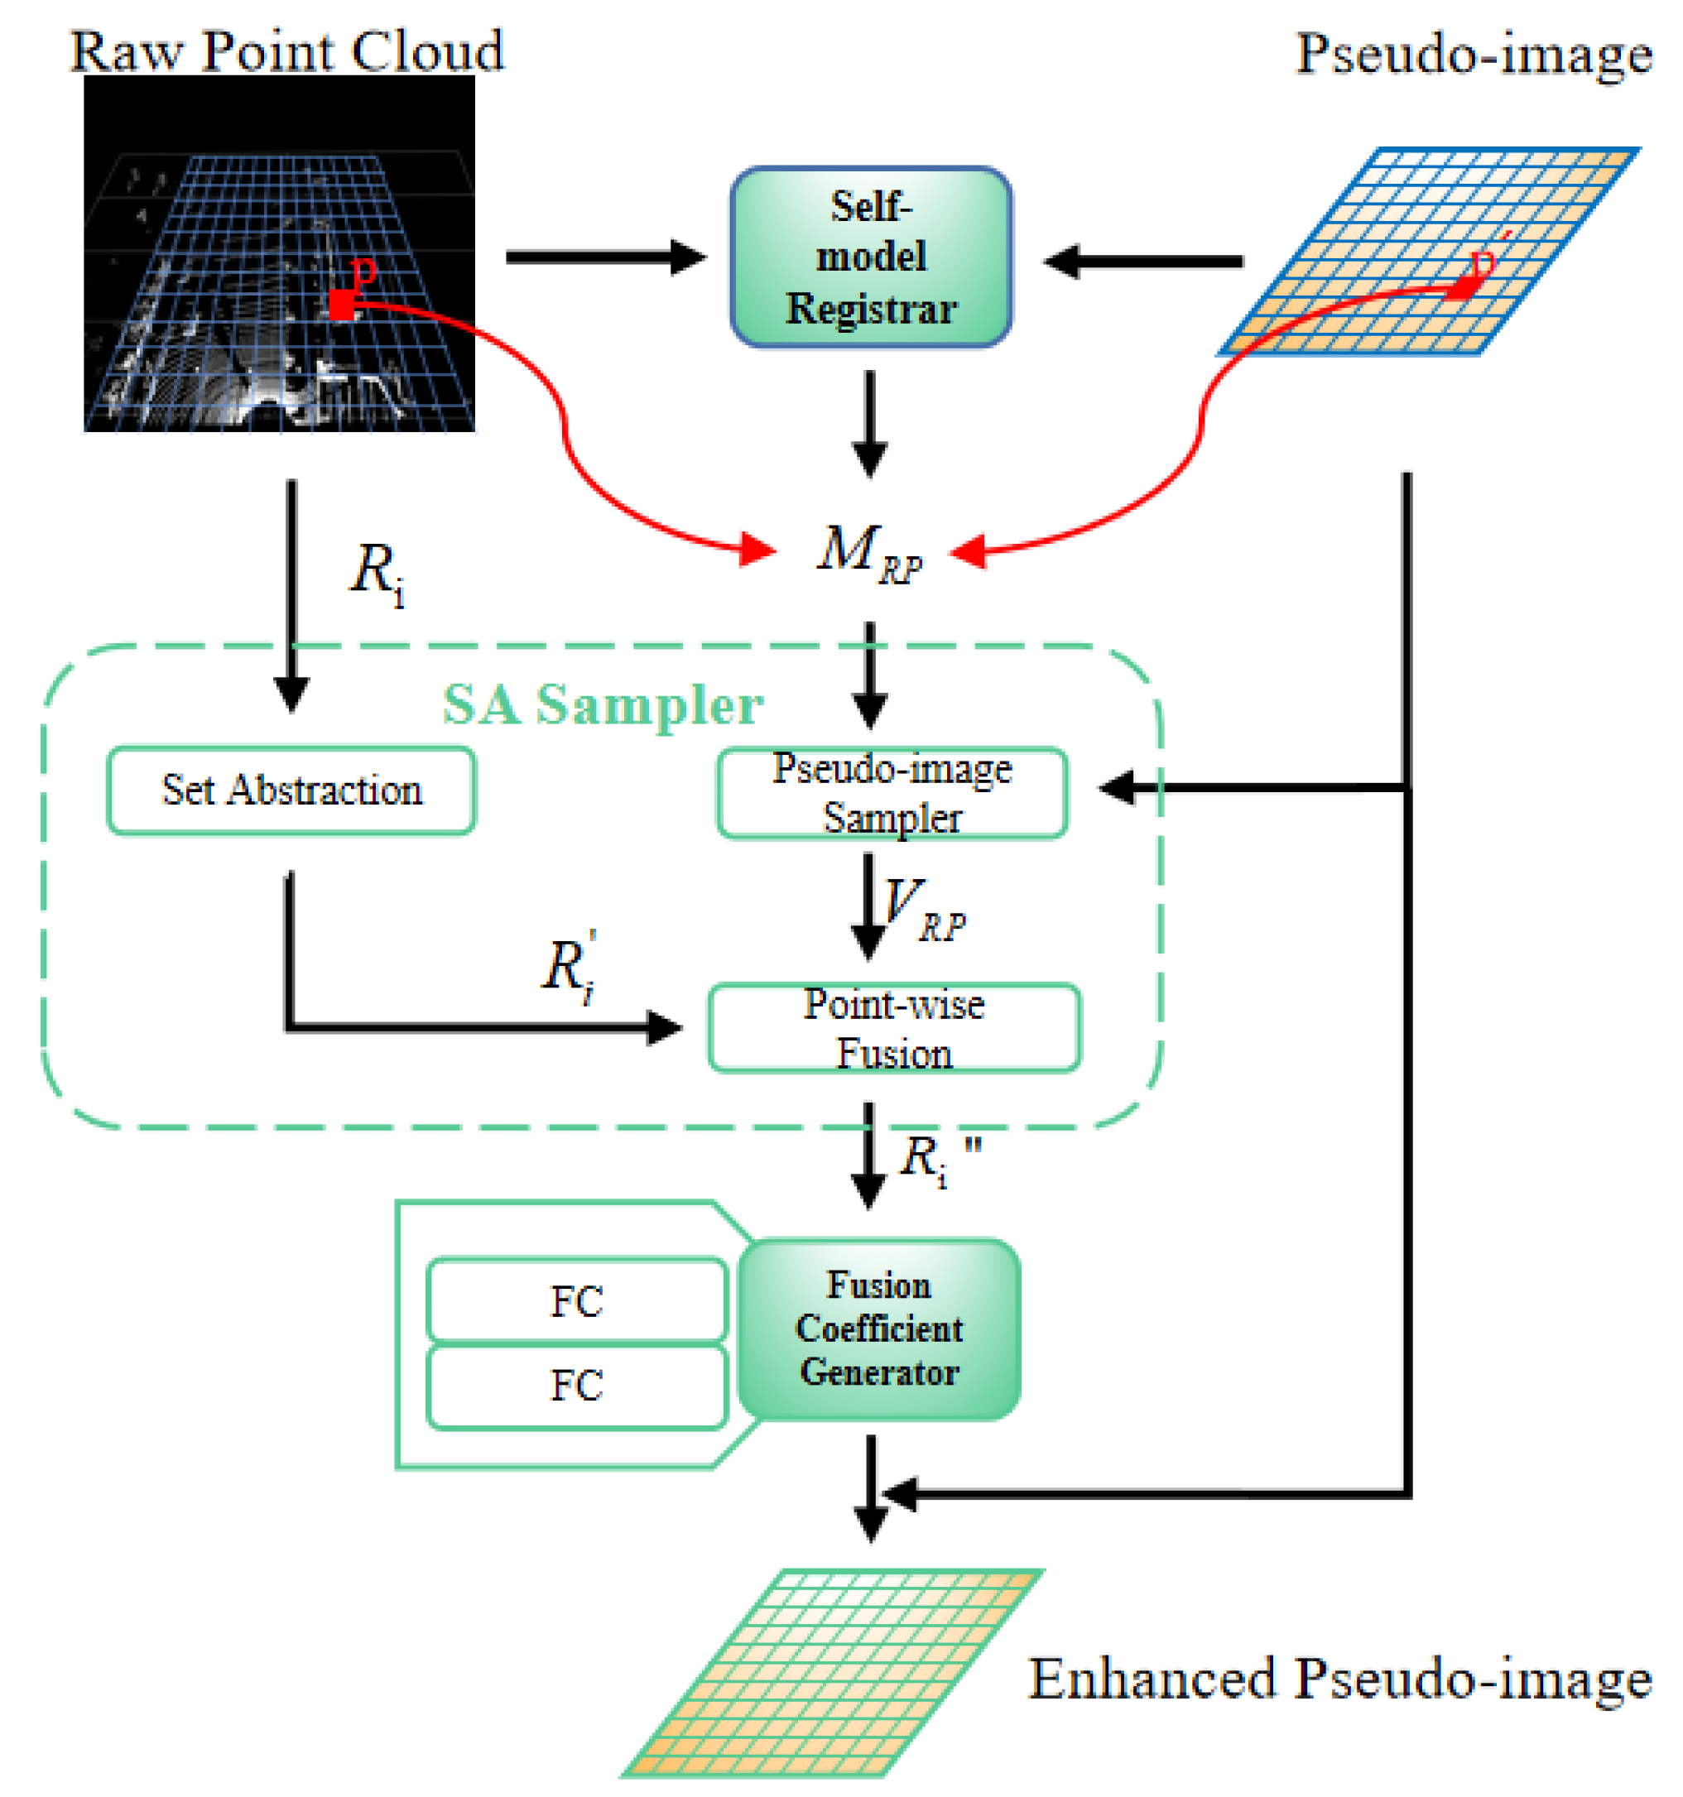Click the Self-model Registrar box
click(x=869, y=257)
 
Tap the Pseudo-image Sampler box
click(x=892, y=793)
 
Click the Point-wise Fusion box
click(x=893, y=1028)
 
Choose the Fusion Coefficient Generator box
click(x=878, y=1329)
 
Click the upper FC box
click(x=576, y=1300)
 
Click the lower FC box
click(x=576, y=1384)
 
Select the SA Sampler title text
click(x=602, y=704)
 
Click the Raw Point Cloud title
click(x=286, y=50)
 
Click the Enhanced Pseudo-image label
click(x=1339, y=1678)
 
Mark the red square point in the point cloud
click(x=341, y=305)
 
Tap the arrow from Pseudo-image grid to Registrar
click(x=1143, y=262)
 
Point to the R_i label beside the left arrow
click(x=376, y=571)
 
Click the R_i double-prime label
click(x=935, y=1159)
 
